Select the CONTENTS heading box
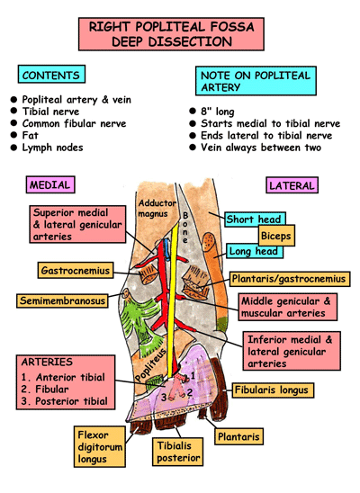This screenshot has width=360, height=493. [51, 76]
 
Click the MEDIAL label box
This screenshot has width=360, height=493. [50, 185]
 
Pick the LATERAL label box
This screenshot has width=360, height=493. [292, 186]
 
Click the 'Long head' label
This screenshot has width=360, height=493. [253, 252]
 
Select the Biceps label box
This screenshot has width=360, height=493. [275, 237]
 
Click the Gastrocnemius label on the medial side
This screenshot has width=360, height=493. [76, 270]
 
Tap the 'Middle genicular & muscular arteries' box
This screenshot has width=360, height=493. [291, 309]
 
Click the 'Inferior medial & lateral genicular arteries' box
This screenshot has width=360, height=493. [293, 352]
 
